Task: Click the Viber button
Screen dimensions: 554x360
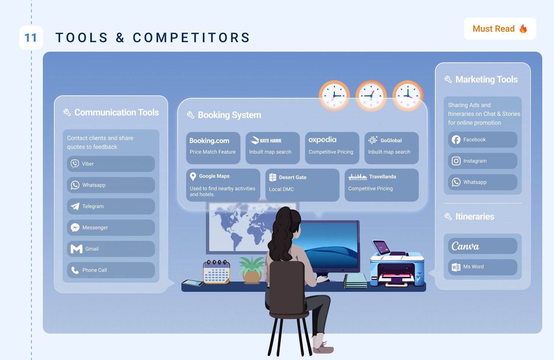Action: (x=111, y=164)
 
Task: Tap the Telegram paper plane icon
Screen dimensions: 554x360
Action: (x=75, y=206)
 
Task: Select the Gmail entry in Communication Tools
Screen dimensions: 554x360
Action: (x=111, y=249)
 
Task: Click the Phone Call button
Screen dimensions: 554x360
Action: (x=111, y=270)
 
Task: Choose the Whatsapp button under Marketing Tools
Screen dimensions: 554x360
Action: (x=482, y=182)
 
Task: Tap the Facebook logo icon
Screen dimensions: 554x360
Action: (x=456, y=140)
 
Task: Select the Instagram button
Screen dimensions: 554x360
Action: (x=482, y=161)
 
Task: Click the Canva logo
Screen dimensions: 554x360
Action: (x=465, y=246)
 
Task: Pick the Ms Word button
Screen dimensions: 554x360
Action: (x=482, y=267)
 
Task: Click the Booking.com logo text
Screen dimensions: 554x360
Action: (x=209, y=141)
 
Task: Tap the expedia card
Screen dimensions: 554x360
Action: (x=332, y=148)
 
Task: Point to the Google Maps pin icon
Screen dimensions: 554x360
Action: (x=193, y=176)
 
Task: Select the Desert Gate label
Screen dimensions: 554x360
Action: (x=292, y=177)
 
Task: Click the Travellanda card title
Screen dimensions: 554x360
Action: (x=383, y=177)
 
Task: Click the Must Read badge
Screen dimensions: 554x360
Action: (x=500, y=29)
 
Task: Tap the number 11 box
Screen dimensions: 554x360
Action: (x=31, y=37)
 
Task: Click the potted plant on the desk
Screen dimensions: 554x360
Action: (x=252, y=269)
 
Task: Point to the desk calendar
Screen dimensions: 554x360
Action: (x=217, y=272)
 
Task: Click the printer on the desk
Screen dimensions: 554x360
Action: (x=396, y=268)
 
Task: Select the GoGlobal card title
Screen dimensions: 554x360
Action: (x=391, y=140)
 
